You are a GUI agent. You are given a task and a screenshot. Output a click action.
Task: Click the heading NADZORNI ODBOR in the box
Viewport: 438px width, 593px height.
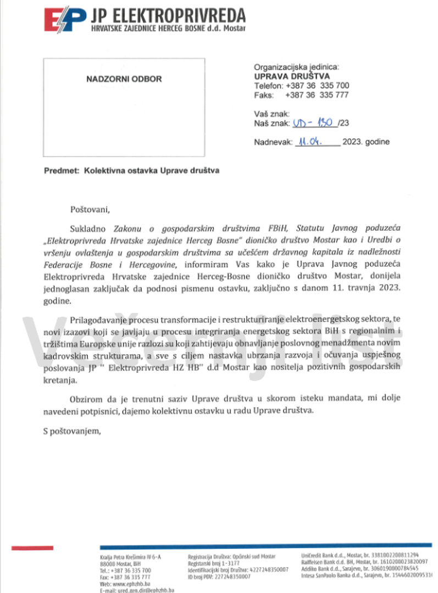click(x=124, y=79)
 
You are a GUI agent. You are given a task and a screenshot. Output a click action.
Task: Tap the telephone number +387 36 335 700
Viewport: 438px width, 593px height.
click(x=317, y=86)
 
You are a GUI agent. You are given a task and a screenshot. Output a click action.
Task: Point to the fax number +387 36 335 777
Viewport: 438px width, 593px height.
click(x=317, y=95)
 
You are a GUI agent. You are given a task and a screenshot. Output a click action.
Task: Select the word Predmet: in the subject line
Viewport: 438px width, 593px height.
click(x=62, y=171)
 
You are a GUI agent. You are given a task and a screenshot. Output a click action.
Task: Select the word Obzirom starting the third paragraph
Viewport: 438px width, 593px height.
click(x=86, y=398)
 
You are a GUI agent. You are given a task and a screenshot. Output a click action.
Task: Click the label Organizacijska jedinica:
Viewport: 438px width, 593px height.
click(x=297, y=66)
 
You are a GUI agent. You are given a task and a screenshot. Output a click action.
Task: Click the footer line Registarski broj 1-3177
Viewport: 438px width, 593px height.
click(x=214, y=563)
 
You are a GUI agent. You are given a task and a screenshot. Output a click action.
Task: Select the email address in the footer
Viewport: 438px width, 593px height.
click(x=135, y=590)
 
